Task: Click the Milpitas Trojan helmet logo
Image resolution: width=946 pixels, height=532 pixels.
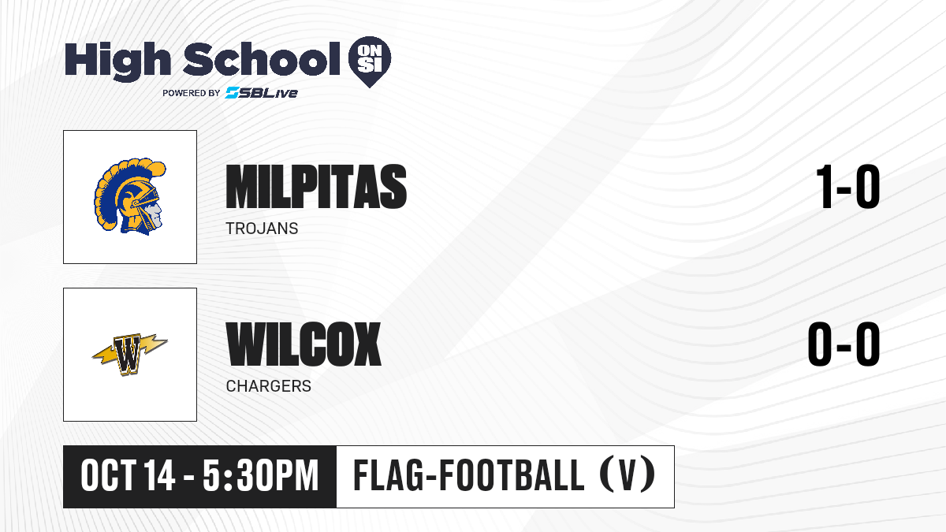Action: (x=129, y=196)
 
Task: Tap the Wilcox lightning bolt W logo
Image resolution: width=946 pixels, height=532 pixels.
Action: (x=129, y=355)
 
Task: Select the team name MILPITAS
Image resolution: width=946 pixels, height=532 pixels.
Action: (x=316, y=187)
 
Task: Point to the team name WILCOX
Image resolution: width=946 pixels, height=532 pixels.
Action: (x=304, y=344)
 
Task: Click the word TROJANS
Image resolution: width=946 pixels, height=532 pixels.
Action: (x=262, y=229)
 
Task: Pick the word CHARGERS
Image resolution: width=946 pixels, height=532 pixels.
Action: (x=269, y=386)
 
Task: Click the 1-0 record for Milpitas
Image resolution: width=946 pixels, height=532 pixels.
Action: (x=848, y=187)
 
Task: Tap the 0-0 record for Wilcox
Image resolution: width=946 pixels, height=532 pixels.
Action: (x=844, y=344)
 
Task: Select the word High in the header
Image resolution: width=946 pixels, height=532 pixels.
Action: (x=117, y=61)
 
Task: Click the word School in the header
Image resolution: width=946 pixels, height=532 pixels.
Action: (x=262, y=58)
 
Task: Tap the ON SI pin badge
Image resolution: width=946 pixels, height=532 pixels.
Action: (x=370, y=61)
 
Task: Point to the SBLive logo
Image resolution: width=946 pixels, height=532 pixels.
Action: (x=262, y=92)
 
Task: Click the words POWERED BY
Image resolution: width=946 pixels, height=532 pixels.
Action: (x=192, y=93)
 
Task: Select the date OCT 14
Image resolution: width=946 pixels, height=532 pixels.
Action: (x=128, y=476)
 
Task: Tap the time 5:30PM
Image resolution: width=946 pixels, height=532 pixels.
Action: (x=260, y=476)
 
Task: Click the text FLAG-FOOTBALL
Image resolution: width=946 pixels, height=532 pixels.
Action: (x=469, y=475)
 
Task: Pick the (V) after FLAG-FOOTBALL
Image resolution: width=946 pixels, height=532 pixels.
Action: (x=628, y=475)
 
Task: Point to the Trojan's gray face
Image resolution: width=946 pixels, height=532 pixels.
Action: (x=156, y=214)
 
